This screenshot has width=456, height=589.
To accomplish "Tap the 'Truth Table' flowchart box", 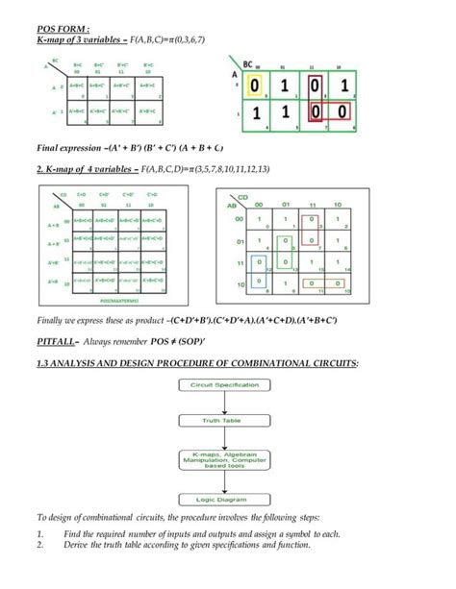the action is point(228,420).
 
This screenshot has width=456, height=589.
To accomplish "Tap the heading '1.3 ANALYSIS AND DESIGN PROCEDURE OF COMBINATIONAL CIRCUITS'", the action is point(196,362).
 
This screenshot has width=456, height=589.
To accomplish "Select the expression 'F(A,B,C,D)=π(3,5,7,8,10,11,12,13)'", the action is point(205,169).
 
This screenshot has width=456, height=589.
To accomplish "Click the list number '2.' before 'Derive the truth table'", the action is point(40,545).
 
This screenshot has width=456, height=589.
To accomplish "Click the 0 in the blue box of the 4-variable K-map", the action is point(258,261).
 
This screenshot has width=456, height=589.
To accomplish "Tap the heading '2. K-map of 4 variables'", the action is point(87,169).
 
